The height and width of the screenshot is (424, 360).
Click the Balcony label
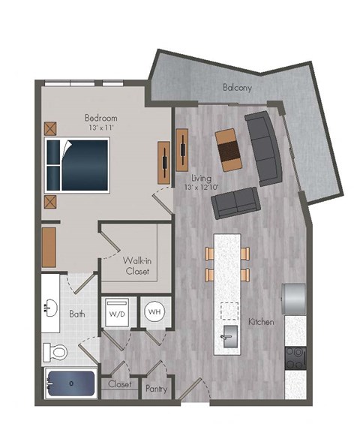(237, 88)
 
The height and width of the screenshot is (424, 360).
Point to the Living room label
(201, 177)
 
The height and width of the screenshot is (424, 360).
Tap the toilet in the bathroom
(56, 350)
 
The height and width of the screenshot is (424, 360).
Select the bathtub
(70, 384)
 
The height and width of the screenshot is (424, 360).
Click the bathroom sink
(51, 307)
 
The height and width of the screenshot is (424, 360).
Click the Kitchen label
(261, 321)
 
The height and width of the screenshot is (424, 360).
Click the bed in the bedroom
(79, 164)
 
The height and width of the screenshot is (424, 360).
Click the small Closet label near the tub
(120, 384)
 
